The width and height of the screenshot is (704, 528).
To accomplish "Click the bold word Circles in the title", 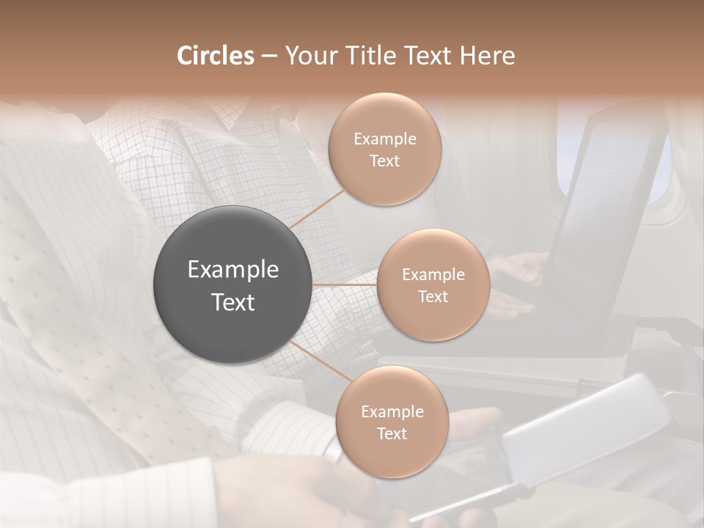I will [x=216, y=56].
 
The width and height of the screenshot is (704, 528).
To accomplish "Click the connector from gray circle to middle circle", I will [x=344, y=285].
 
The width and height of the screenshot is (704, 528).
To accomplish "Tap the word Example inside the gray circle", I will [x=233, y=270].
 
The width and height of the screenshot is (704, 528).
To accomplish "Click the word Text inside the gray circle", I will [x=233, y=302].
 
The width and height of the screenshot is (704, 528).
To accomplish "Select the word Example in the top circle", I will [x=384, y=139].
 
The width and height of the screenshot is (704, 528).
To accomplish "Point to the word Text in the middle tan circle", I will [x=433, y=297].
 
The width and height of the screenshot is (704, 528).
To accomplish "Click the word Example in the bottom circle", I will [x=392, y=412].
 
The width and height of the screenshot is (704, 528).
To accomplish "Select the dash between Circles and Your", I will [x=269, y=56].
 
